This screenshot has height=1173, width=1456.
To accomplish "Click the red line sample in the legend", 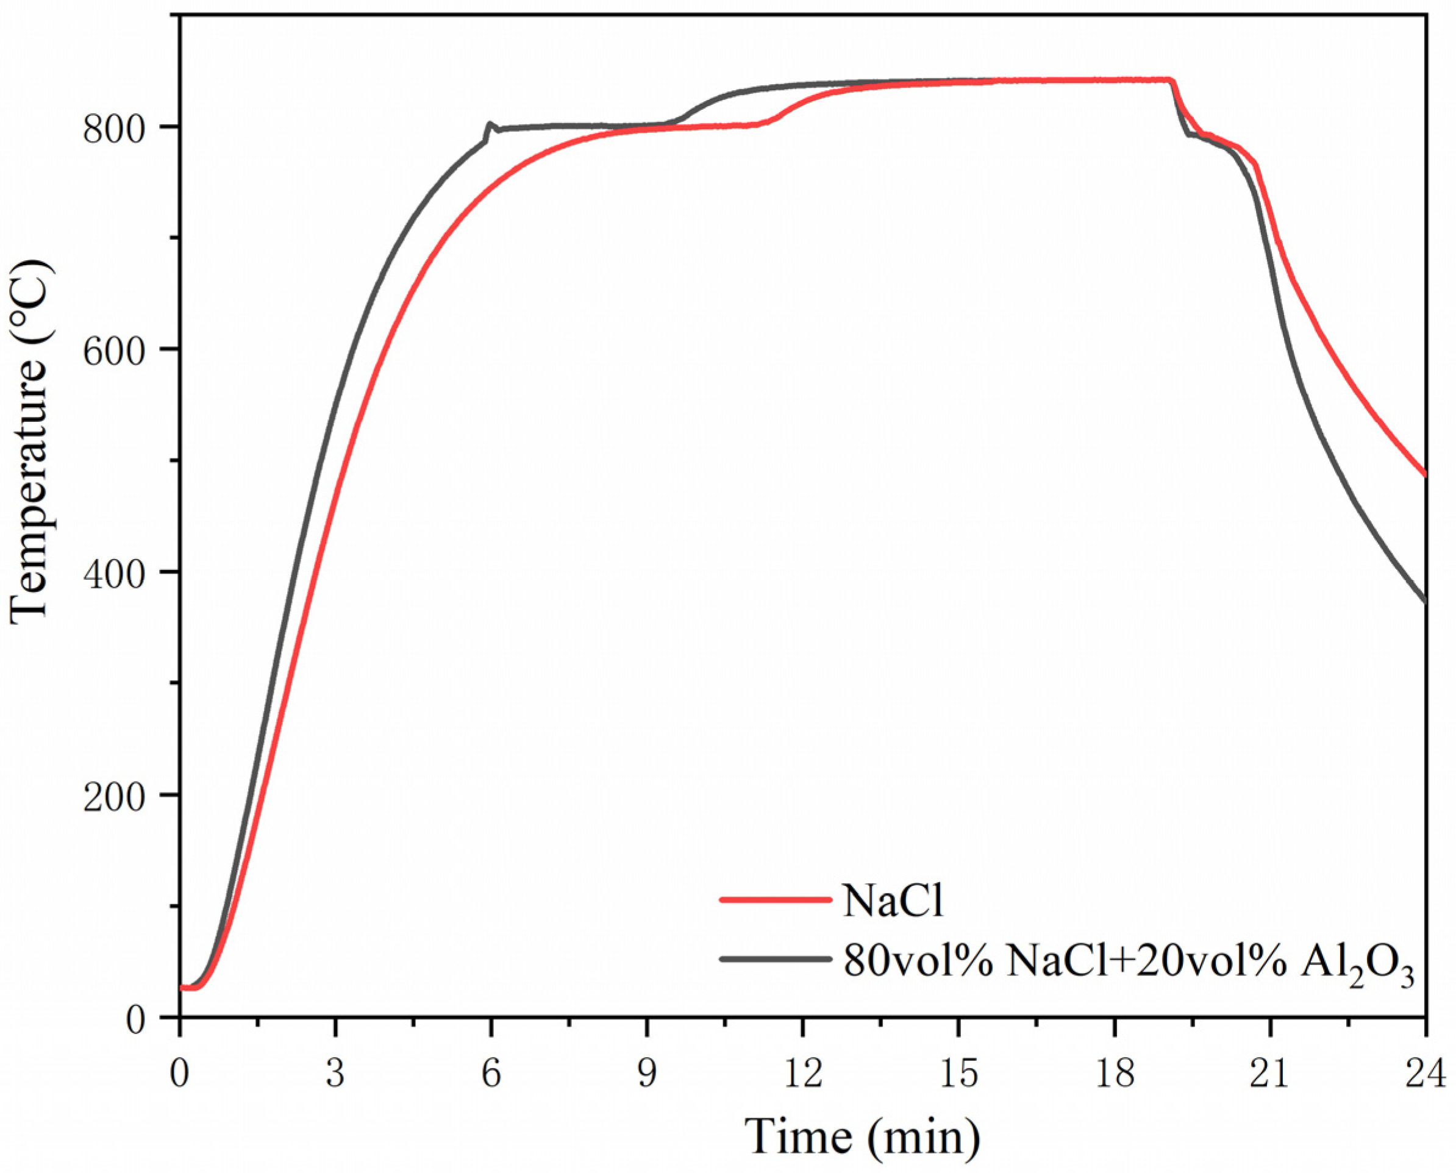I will [x=775, y=899].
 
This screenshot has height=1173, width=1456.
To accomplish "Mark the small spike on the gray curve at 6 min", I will [x=490, y=124].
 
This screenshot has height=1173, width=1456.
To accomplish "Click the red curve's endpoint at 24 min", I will [x=1425, y=474].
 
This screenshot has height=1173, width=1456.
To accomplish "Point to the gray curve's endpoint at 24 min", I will [x=1425, y=601].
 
